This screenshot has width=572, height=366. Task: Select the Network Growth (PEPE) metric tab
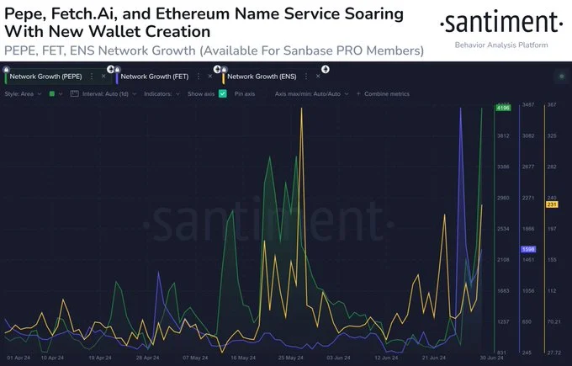(x=45, y=77)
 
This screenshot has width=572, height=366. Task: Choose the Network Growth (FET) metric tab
(x=155, y=77)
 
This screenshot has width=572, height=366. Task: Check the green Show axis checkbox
(x=222, y=93)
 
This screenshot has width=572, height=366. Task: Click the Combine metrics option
(x=386, y=93)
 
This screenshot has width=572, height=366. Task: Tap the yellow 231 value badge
(x=553, y=204)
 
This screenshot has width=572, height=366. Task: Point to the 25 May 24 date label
(x=291, y=358)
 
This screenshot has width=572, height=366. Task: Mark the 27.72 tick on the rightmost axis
(x=553, y=353)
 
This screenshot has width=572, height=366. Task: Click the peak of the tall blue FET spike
(x=461, y=109)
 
